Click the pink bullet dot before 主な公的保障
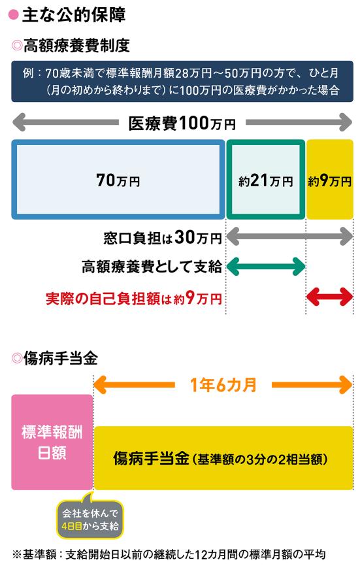[13, 15]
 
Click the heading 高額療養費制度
[76, 46]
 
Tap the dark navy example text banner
[182, 81]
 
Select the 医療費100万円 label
[182, 123]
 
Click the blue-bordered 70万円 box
[118, 179]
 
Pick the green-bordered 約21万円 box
[265, 179]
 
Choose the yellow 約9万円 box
[330, 179]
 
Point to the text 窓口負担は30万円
[162, 237]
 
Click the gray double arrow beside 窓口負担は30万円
[289, 237]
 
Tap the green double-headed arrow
[266, 267]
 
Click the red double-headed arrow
[330, 297]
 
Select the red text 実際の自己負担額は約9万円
[133, 298]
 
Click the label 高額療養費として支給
[152, 267]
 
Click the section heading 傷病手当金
[61, 358]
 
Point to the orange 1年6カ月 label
[223, 385]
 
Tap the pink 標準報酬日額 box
[52, 442]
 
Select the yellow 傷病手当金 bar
[223, 458]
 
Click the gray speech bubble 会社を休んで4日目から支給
[90, 519]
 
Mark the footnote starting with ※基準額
[169, 554]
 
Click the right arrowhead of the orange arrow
[346, 385]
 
